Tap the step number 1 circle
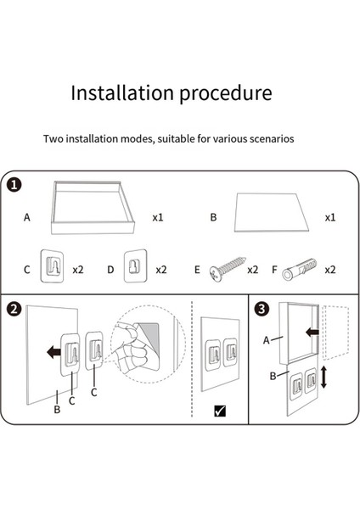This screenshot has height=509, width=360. pos(14,185)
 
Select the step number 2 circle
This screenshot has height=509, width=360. pos(14,309)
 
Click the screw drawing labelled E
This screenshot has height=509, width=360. pos(228,269)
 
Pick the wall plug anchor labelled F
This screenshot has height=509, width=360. pos(299,269)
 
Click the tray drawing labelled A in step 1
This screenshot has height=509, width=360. pos(93,208)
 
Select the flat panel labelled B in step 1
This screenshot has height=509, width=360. pos(272,213)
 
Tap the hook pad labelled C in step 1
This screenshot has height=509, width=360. pos(52,266)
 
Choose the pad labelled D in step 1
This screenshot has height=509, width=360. pos(136,266)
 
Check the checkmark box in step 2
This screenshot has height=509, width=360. pos(220,411)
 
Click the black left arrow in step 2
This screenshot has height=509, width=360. pos(53,352)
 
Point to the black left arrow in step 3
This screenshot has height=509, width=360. pos(312,332)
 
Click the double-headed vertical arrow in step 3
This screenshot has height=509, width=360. pos(323,377)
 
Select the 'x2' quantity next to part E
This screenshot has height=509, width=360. pos(253,270)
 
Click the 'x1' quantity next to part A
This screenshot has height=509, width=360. pos(158,217)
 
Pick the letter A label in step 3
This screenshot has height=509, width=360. pos(267,340)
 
